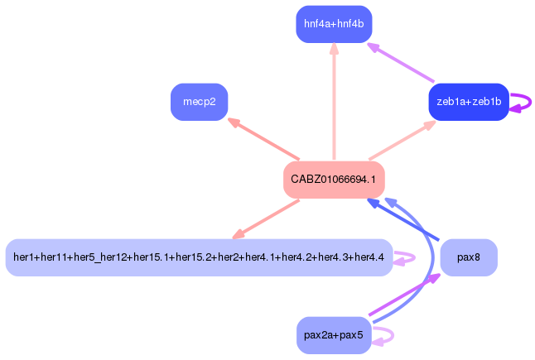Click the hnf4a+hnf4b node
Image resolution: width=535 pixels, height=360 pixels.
(334, 24)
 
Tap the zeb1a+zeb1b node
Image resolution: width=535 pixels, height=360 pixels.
(468, 102)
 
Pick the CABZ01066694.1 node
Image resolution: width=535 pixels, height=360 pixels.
(334, 180)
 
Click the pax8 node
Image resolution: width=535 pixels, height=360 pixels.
(468, 257)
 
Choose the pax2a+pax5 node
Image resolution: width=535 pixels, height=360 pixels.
(334, 335)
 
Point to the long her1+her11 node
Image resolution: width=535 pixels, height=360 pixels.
(199, 257)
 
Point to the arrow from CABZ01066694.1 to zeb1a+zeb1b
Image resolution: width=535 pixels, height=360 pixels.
(401, 141)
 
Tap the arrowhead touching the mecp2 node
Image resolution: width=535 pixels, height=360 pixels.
(234, 122)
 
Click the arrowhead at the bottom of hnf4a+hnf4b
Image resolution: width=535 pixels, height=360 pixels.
(334, 48)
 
